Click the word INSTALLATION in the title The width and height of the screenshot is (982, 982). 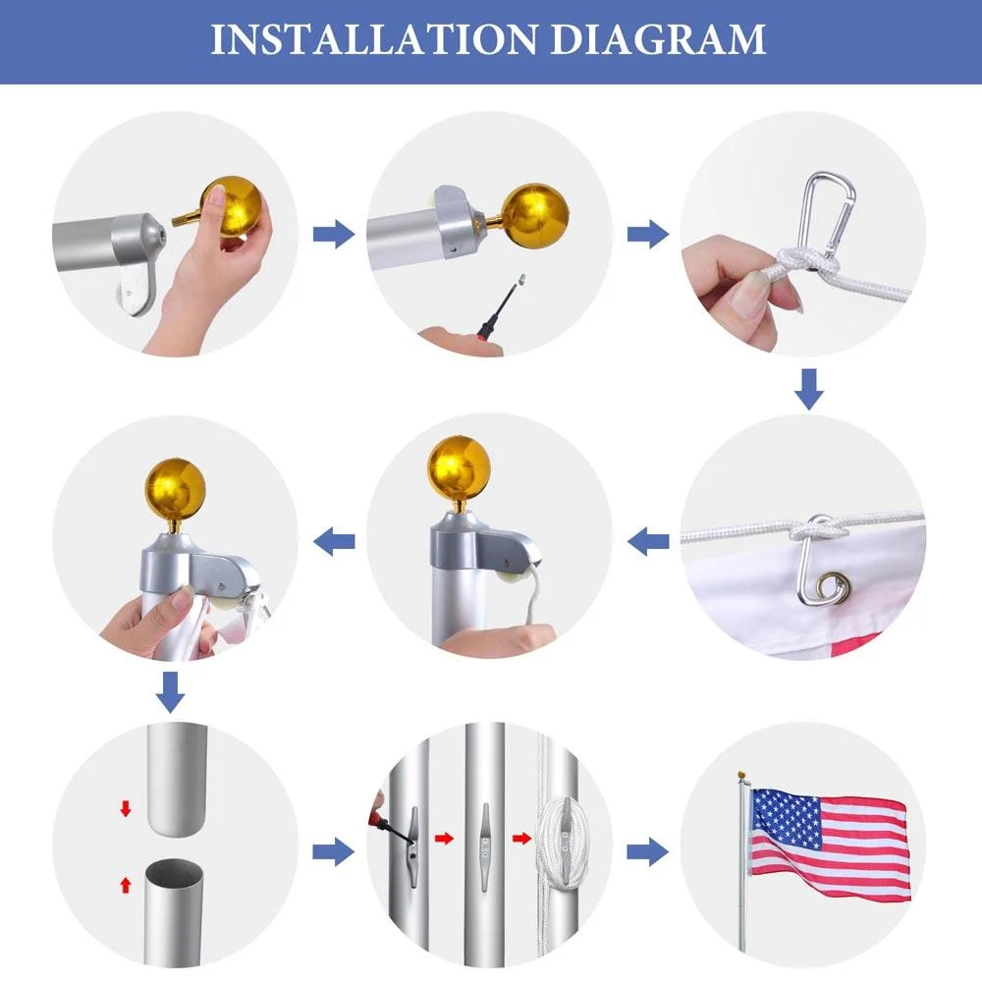374,39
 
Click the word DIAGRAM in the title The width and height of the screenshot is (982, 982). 658,39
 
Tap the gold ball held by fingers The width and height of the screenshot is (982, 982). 231,205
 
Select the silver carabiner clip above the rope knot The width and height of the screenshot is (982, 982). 830,212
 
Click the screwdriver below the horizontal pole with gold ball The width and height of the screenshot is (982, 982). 500,305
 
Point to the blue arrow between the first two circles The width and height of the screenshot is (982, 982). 334,235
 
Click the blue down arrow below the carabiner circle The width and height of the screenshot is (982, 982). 809,389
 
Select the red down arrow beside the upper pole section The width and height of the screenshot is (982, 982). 126,808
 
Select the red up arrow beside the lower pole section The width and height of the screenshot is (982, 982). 126,885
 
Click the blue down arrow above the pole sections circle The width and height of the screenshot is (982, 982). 170,692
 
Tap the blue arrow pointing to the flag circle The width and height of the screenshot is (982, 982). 647,851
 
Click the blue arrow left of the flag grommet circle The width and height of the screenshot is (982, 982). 647,541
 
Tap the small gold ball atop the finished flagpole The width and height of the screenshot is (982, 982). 741,776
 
